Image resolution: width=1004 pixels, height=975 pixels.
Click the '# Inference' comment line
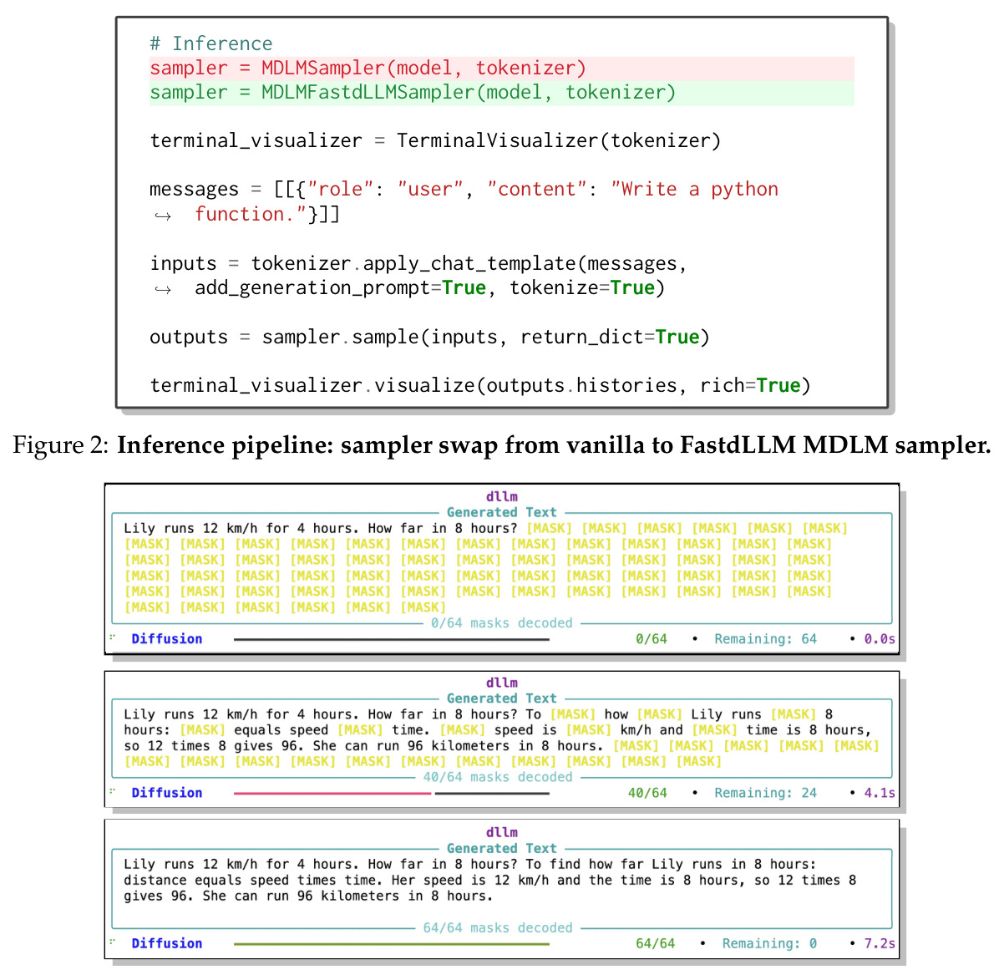click(210, 43)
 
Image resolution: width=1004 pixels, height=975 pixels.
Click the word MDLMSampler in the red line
click(323, 69)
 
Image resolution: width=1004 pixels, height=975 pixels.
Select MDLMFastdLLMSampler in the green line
click(368, 93)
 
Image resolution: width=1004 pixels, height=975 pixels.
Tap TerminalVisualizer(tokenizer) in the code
click(558, 141)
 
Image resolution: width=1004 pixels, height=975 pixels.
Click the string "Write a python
click(694, 190)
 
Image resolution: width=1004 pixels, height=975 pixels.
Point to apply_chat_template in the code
click(469, 264)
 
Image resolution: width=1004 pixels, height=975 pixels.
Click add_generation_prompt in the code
click(312, 288)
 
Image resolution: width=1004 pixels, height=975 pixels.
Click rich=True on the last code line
click(749, 385)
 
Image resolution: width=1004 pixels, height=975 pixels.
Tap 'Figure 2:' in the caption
click(61, 445)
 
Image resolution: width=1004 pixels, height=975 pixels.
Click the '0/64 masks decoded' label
click(501, 623)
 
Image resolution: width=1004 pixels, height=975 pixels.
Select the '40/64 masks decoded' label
click(498, 777)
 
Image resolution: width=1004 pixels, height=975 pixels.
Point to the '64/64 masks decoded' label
click(498, 927)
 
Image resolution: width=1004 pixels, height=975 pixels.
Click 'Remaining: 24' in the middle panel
click(765, 793)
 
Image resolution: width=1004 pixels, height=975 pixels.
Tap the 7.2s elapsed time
click(880, 943)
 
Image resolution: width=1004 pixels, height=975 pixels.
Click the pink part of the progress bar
click(332, 794)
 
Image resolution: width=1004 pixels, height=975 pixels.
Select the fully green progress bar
click(391, 944)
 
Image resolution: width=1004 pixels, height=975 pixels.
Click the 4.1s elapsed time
click(880, 793)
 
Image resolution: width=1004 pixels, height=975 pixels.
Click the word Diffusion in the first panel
click(167, 639)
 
